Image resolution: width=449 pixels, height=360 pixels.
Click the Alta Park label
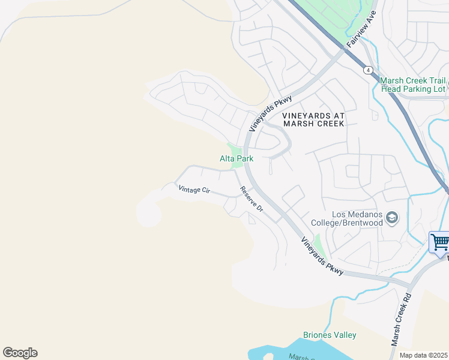237,159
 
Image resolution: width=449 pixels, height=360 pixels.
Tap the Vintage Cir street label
194,189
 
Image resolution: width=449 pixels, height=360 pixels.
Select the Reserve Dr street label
252,199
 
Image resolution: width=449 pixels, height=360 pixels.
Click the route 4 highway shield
367,70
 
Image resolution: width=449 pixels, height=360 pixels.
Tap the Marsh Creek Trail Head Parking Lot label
413,85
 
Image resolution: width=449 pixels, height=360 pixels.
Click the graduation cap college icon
393,217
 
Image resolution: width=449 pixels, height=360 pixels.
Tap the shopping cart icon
440,242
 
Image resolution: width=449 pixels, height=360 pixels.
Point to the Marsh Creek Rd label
400,319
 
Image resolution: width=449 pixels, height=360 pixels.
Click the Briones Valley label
330,335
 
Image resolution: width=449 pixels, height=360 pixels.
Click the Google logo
20,353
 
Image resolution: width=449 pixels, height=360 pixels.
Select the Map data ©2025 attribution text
424,355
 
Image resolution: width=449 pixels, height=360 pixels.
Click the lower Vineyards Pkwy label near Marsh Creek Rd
322,256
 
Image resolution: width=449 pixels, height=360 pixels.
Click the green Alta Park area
234,149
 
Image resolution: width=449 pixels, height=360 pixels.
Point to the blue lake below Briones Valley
318,351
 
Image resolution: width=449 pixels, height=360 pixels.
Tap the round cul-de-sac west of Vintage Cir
148,213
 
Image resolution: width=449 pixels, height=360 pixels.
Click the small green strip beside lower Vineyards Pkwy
319,245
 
